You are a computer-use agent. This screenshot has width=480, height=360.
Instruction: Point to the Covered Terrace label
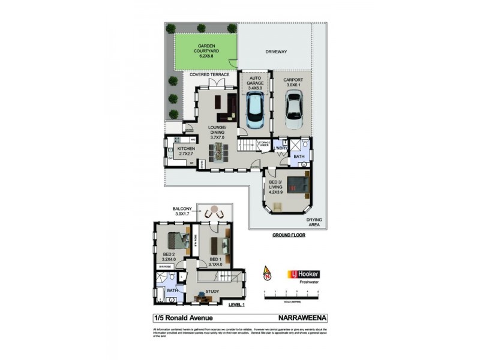click(209, 75)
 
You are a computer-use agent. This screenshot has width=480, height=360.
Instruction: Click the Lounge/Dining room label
click(216, 132)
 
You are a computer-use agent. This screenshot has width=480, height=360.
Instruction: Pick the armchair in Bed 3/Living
click(277, 208)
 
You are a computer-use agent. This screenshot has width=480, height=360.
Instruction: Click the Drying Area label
click(314, 223)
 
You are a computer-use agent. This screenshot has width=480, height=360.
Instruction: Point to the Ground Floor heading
click(289, 235)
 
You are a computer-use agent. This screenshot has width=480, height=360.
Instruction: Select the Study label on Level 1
click(212, 292)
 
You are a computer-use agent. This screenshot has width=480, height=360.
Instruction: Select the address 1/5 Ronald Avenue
click(180, 319)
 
